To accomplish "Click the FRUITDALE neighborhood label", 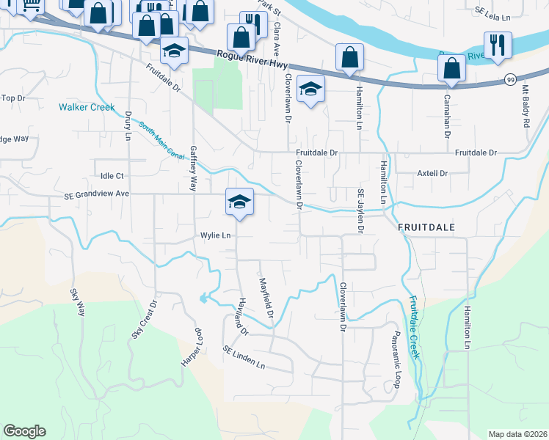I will tap(426, 228).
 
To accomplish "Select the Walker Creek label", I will tap(87, 107).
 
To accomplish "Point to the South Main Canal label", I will tap(161, 140).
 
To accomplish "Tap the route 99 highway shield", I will tap(512, 79).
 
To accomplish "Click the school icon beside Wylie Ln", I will tap(240, 202).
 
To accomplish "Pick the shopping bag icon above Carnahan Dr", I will tap(451, 68).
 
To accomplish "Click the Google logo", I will tap(24, 431).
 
